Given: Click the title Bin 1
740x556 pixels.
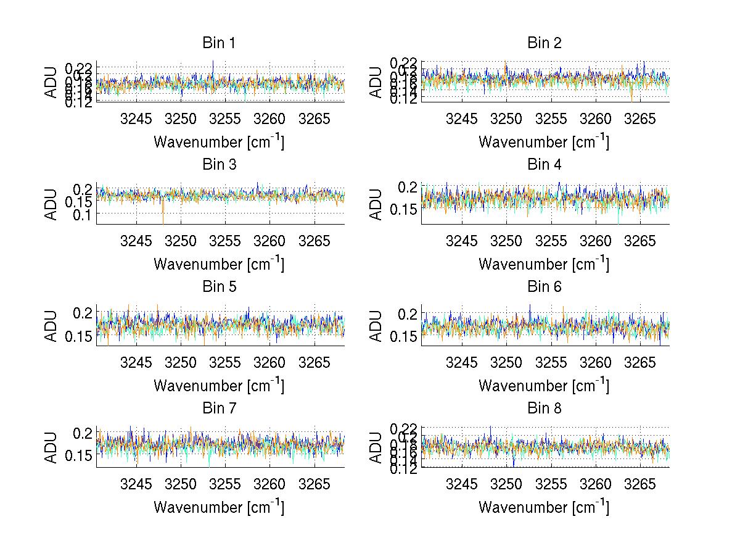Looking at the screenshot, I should (218, 43).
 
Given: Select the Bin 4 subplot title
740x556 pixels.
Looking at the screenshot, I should (544, 164).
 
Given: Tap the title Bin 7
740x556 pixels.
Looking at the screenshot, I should (218, 408).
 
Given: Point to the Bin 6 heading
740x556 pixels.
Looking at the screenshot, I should (544, 286).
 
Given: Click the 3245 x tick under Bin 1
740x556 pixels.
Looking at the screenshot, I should (136, 118).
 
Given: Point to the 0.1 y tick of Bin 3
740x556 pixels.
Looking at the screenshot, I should (84, 214).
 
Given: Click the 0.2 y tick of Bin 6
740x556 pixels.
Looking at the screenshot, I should (408, 314).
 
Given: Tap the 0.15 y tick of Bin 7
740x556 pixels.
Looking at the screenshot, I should (79, 455).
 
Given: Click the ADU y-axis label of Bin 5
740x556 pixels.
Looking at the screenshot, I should (51, 326).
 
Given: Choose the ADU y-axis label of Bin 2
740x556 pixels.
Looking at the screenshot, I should (376, 81).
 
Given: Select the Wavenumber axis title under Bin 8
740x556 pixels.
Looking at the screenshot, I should (544, 507).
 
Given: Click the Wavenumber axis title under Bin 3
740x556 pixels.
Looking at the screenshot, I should (218, 263).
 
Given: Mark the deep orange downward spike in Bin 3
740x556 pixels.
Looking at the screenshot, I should (163, 216).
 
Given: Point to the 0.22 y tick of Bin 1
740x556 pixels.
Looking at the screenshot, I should (79, 67).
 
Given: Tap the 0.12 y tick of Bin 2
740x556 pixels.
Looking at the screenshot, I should (404, 98).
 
